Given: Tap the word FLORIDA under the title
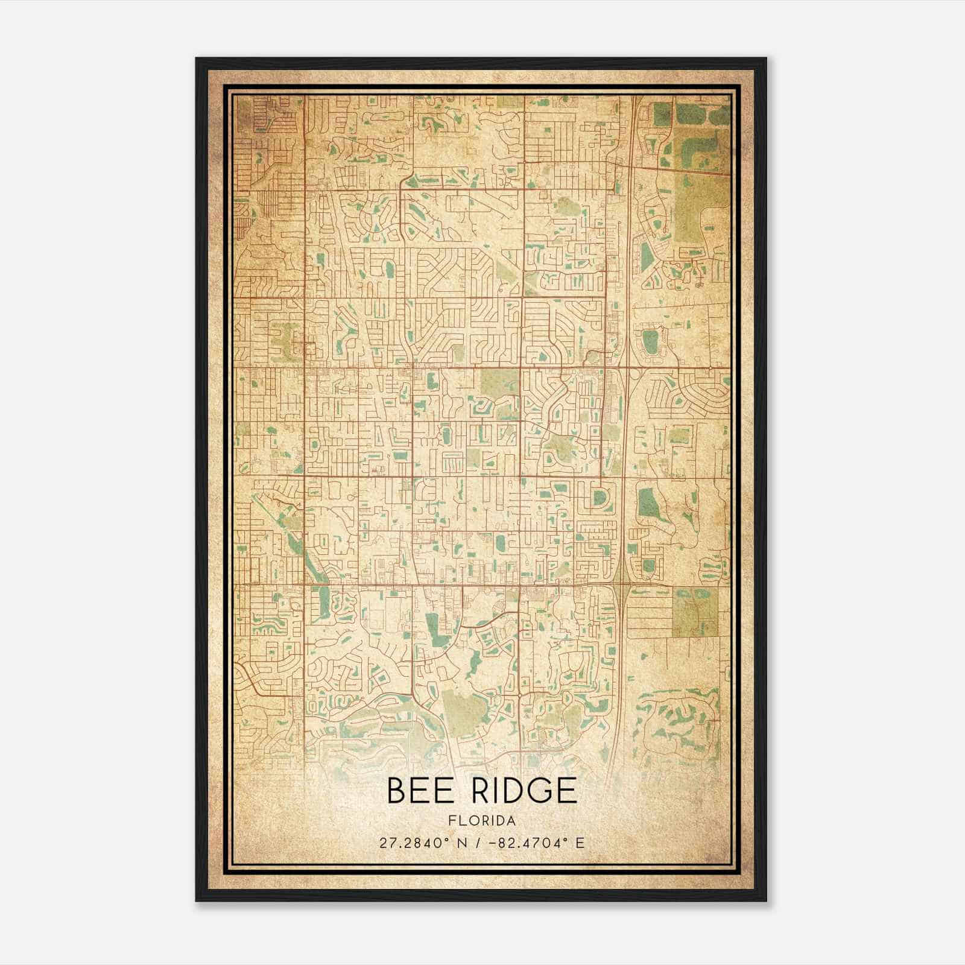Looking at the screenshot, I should (x=481, y=821).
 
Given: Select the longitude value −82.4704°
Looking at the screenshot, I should (x=524, y=843).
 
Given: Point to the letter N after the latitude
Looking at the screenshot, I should (x=464, y=843).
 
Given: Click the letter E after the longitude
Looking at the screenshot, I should (x=580, y=843).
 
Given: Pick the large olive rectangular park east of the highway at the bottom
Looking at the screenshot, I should (x=695, y=611).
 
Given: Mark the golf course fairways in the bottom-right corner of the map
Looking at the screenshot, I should (x=679, y=724).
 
